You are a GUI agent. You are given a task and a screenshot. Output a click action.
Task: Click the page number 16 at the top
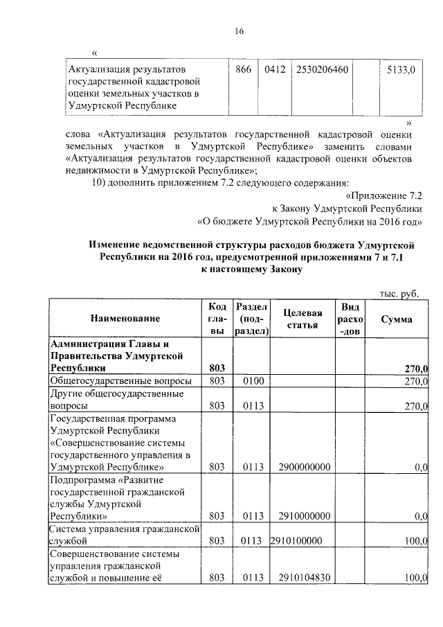239,31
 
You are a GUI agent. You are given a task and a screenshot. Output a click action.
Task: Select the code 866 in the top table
243,70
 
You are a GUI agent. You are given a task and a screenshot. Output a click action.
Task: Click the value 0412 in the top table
275,70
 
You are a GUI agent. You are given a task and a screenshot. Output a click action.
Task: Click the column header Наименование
125,319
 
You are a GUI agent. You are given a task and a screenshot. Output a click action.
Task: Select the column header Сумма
397,319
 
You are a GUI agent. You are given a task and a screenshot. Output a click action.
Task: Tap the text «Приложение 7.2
383,195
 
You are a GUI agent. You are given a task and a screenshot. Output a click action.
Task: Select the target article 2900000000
303,468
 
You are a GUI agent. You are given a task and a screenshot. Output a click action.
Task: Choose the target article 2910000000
303,515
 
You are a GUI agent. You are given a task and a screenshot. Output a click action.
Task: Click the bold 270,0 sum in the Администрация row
416,368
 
